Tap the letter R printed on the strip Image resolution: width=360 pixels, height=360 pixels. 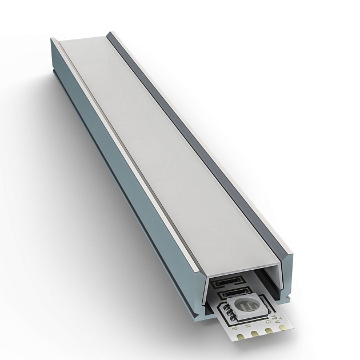[247, 325]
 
